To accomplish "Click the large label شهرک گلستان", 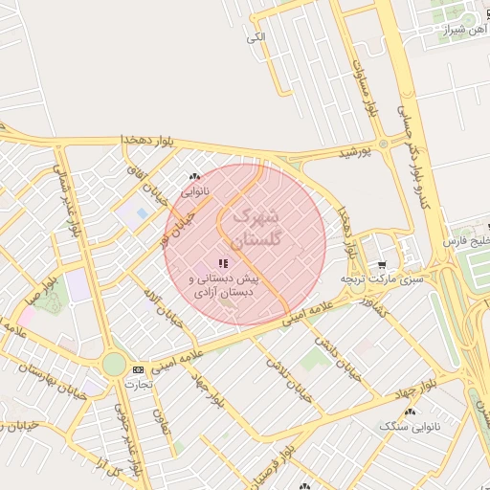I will (257, 226).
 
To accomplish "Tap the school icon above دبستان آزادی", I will (223, 263).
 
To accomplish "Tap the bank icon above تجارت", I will (139, 368).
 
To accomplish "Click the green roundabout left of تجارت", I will (114, 365).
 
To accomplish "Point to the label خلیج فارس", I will (466, 240).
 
